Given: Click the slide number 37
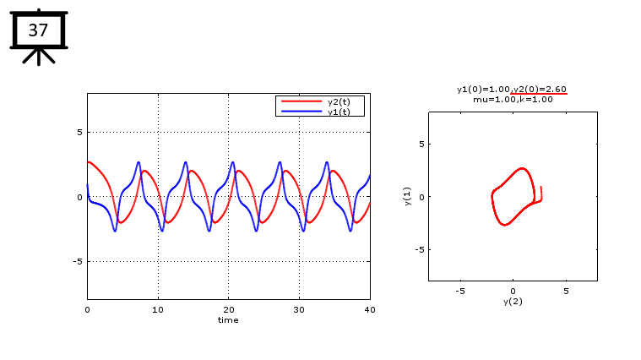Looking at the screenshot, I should coord(38,30).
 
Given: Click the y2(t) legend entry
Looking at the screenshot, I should coord(339,101).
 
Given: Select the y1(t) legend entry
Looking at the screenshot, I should coord(339,112).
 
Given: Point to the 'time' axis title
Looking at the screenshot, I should coord(228,320).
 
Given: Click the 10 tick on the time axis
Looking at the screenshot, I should coord(158,309).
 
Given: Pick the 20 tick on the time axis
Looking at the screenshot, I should coord(228,309).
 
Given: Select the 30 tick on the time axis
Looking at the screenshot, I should coord(299,309).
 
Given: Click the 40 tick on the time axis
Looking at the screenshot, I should coord(369,309).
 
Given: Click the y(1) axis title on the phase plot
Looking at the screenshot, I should coord(407,196).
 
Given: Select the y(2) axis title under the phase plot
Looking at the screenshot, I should coord(513,301).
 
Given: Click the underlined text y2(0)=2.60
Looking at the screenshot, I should coord(540,89).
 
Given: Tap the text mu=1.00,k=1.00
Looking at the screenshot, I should coord(513,99).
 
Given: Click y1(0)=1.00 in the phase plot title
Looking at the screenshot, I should coord(483,89).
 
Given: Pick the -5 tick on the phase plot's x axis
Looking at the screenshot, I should coord(460,291).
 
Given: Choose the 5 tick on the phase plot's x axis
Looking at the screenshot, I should coord(566,291).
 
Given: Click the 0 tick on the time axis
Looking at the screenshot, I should coord(87,309).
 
